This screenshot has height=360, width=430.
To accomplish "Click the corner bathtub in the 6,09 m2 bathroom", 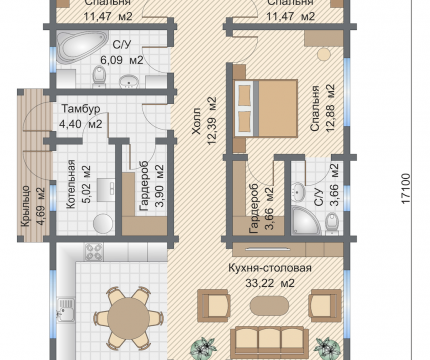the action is pyautogui.click(x=81, y=47).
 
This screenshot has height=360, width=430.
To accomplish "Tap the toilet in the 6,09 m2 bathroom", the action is pyautogui.click(x=99, y=76).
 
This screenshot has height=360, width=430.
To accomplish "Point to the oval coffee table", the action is pyautogui.click(x=269, y=305).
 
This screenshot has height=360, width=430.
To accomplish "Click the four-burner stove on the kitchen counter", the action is pyautogui.click(x=94, y=252).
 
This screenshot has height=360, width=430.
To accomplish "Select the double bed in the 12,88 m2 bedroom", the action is pyautogui.click(x=266, y=108).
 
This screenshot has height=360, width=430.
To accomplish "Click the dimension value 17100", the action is pyautogui.click(x=406, y=189).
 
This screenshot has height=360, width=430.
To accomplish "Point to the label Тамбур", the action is pyautogui.click(x=81, y=109).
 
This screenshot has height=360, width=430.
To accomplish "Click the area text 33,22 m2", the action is pyautogui.click(x=270, y=283).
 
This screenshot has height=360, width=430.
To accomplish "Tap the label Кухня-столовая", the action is pyautogui.click(x=270, y=268).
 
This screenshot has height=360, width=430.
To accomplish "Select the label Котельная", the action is pyautogui.click(x=71, y=184).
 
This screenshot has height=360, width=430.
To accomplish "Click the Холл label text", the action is pyautogui.click(x=196, y=121).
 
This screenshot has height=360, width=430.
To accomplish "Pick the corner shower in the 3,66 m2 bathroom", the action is pyautogui.click(x=305, y=220).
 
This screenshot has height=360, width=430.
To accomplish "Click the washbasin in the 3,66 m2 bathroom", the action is pyautogui.click(x=298, y=193).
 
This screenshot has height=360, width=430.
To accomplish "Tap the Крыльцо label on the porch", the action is pyautogui.click(x=26, y=206).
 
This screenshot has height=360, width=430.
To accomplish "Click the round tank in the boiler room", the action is pyautogui.click(x=103, y=223).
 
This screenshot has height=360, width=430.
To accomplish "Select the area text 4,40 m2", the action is pyautogui.click(x=81, y=124).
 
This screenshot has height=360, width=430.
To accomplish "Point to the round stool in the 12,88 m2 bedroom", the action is pyautogui.click(x=324, y=54).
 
